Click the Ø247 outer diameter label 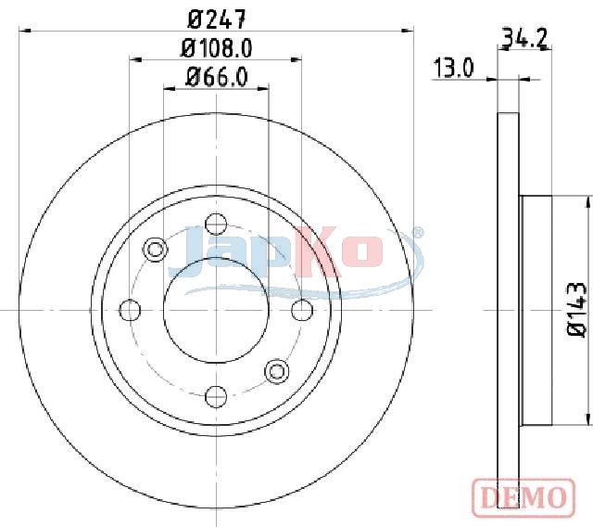point(216,19)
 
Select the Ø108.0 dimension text point(216,49)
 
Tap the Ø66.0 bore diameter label point(216,77)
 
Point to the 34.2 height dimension point(524,39)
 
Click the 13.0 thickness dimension point(453,68)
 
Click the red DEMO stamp point(524,496)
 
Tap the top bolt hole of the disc point(216,225)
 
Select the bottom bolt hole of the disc point(216,396)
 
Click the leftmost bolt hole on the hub point(130,310)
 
